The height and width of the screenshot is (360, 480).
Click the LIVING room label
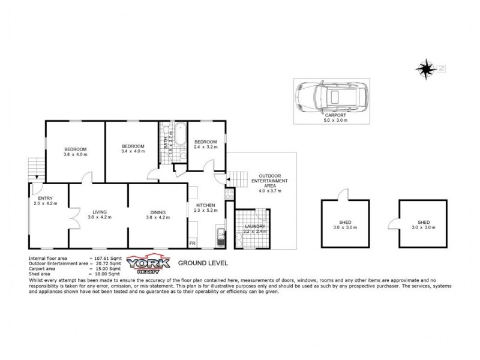click(99, 211)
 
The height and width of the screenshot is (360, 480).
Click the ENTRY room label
click(45, 199)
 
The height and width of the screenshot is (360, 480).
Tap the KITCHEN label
click(205, 205)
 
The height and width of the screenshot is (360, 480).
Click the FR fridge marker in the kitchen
click(193, 243)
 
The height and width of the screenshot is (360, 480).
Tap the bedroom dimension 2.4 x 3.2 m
click(205, 146)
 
